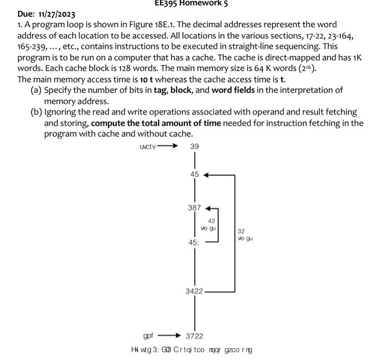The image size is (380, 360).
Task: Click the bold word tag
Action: point(160,90)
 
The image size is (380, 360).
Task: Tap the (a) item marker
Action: point(36,90)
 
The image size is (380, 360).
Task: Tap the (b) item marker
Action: point(36,112)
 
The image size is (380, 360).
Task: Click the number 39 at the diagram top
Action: point(194,147)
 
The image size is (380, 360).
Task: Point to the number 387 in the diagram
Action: point(194,207)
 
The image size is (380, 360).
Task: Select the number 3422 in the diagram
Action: point(194,292)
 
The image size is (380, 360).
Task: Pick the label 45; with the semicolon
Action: point(194,242)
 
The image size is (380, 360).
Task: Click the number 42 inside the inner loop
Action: point(211,221)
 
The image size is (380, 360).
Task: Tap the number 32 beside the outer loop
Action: point(241,231)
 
